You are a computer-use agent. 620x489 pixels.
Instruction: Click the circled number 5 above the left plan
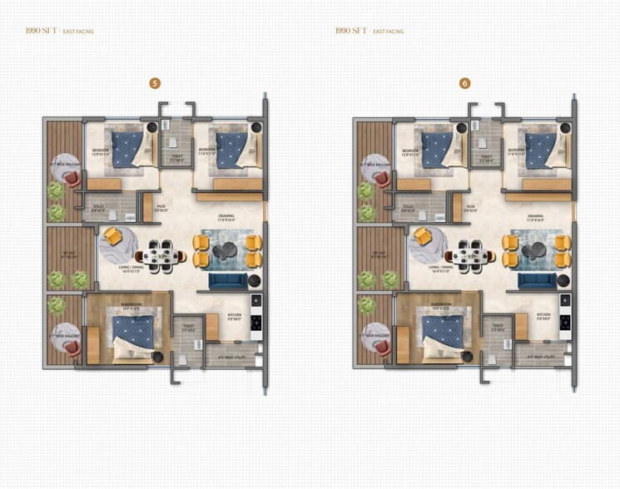coord(155,82)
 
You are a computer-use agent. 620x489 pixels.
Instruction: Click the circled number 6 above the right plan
coord(464,82)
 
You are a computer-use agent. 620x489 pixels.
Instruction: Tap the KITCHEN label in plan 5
coord(235,316)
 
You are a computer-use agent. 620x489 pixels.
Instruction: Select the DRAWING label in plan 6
coord(535,217)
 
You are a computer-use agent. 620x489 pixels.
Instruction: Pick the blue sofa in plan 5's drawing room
coord(227,280)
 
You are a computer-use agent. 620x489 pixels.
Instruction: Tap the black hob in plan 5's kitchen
coord(256,321)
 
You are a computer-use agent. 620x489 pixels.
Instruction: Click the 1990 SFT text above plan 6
coord(350,31)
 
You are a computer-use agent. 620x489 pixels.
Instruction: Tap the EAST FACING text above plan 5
coord(77,32)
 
